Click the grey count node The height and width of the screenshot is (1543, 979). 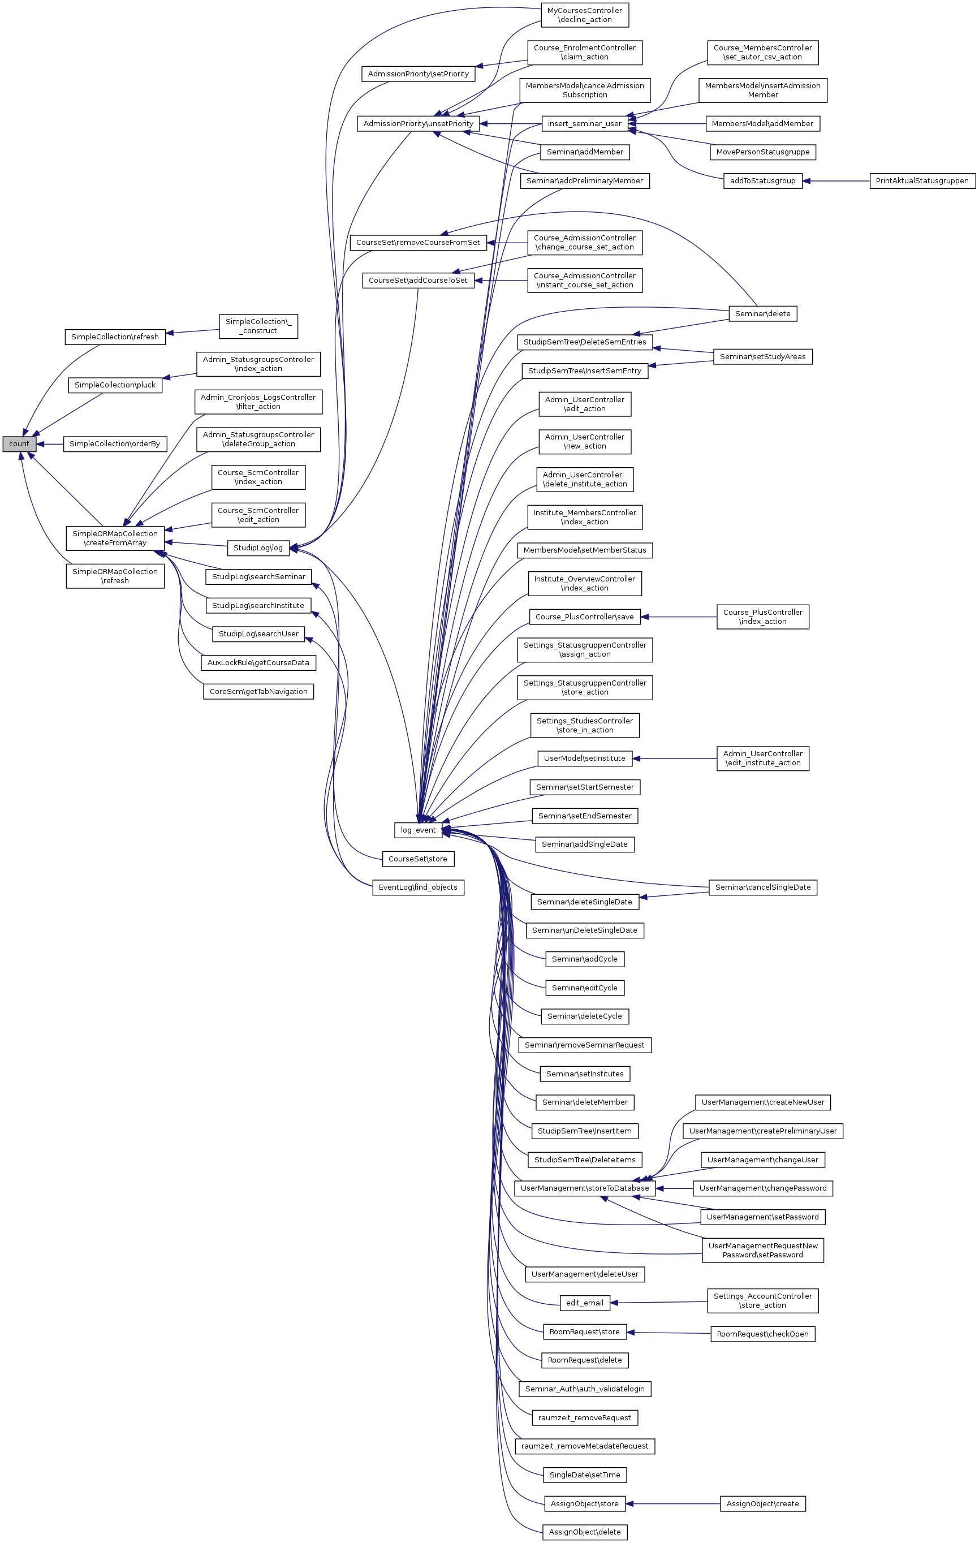[19, 443]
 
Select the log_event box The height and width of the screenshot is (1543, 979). [418, 830]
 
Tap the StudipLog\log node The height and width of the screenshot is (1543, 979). [258, 548]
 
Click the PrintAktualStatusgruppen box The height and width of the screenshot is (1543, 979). [921, 180]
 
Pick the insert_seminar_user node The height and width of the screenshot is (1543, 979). [584, 124]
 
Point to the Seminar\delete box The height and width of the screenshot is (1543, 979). [762, 313]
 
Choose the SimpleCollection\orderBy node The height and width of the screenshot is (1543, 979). [115, 443]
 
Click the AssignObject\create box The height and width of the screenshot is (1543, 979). [762, 1503]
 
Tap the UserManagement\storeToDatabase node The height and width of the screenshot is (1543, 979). [584, 1188]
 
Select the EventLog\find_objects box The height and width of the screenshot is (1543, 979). [418, 887]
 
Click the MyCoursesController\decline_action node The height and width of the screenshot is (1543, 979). [584, 15]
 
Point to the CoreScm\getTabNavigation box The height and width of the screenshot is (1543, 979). [258, 691]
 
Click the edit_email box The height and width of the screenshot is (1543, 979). [584, 1303]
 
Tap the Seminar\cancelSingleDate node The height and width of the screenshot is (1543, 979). [762, 887]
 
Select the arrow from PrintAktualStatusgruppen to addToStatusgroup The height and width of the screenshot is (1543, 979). [836, 180]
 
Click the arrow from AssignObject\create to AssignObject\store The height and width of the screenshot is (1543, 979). [672, 1503]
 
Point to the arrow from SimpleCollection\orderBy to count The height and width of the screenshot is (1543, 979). [50, 443]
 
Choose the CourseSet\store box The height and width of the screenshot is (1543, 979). [418, 859]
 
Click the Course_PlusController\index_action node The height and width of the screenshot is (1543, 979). [762, 617]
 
